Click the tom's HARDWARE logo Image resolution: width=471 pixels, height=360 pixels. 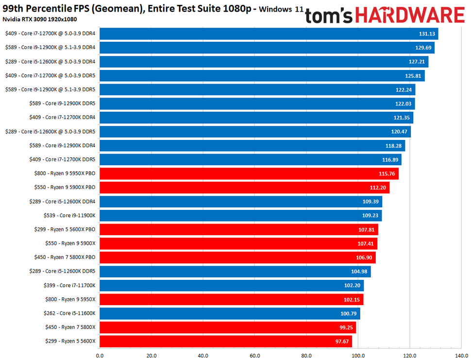385,16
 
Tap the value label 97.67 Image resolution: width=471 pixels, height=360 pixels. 342,342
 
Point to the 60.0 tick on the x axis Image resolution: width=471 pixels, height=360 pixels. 255,355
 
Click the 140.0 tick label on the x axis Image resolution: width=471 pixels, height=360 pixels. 462,355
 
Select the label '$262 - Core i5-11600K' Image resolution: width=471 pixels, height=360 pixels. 65,313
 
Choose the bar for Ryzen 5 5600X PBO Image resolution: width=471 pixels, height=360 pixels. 238,229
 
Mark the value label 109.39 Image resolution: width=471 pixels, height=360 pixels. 371,202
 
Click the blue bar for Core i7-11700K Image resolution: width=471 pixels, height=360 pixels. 231,286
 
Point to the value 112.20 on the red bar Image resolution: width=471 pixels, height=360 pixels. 379,188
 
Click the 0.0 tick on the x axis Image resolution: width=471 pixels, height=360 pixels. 100,355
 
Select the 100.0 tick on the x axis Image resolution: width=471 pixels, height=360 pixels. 358,355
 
